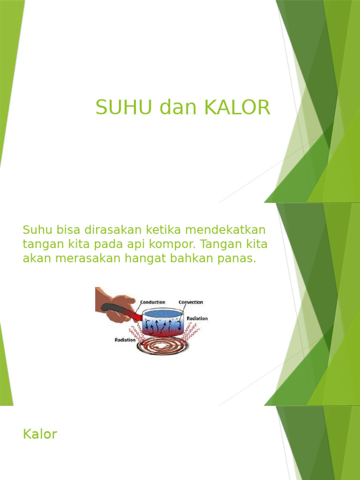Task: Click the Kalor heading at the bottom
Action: [40, 434]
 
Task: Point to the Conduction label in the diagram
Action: [153, 302]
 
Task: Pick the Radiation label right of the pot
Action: [197, 318]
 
